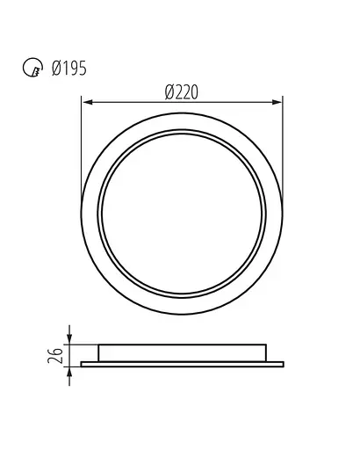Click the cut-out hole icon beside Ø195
30,69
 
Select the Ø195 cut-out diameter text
66,69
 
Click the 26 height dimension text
58,354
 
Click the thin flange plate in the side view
183,363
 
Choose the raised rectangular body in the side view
183,352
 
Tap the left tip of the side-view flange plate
83,363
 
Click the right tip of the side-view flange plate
284,363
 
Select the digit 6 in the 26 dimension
58,350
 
